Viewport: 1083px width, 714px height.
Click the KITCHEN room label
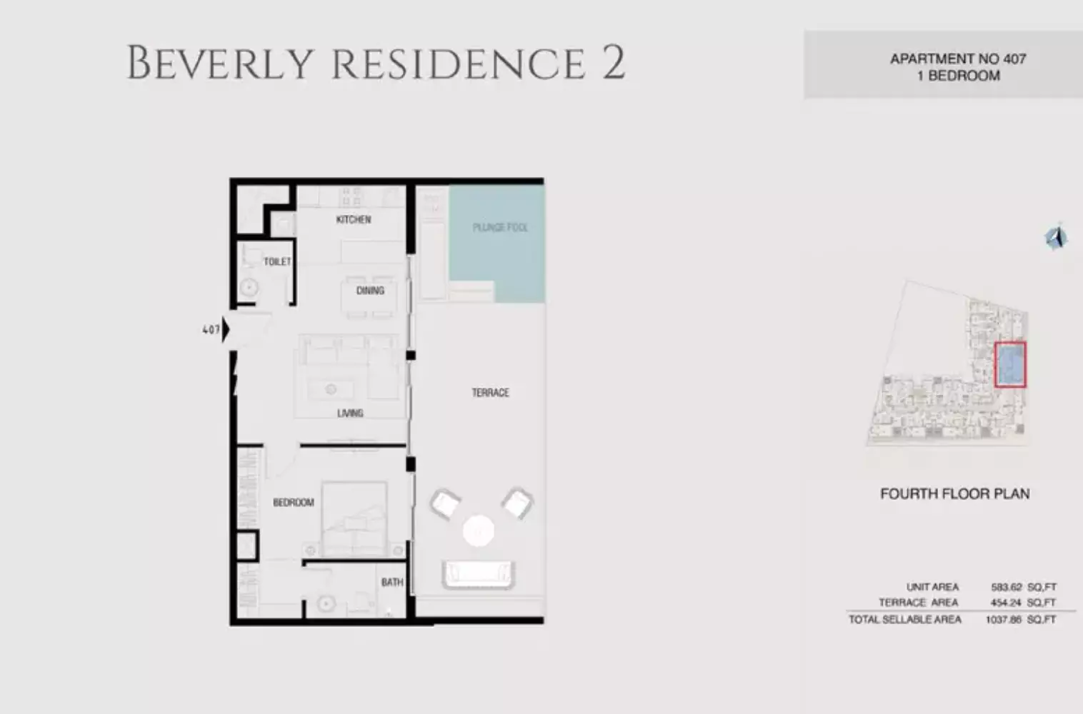(x=354, y=219)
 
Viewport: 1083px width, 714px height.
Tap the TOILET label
(x=277, y=262)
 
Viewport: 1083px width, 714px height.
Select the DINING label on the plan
(x=370, y=291)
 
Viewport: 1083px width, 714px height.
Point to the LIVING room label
(x=350, y=413)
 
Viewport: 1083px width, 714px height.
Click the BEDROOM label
(x=293, y=503)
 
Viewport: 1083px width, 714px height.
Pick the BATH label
(x=391, y=583)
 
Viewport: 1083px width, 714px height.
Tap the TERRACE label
(x=490, y=393)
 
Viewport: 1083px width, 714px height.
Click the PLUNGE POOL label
(x=500, y=228)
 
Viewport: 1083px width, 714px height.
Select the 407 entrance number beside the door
(x=211, y=330)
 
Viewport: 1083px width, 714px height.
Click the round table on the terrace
(x=478, y=531)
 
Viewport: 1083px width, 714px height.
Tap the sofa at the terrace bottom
(x=479, y=574)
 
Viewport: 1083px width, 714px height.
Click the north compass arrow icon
(x=1056, y=237)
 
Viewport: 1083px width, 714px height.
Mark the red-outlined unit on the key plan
(x=1010, y=365)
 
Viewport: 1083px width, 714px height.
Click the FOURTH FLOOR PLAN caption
(x=954, y=493)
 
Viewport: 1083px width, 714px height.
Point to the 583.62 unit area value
(x=1006, y=587)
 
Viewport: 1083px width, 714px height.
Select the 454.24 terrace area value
(x=1006, y=603)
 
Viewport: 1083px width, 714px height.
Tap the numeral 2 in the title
(x=613, y=62)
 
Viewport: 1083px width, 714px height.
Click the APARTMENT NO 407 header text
(x=957, y=59)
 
